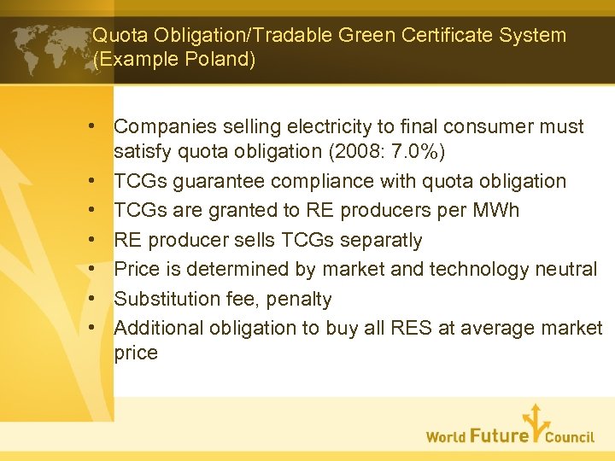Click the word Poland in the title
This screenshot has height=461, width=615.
(218, 61)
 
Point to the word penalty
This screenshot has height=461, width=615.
(299, 299)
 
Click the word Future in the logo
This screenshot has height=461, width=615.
(499, 435)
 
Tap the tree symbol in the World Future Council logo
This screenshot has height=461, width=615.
(534, 422)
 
